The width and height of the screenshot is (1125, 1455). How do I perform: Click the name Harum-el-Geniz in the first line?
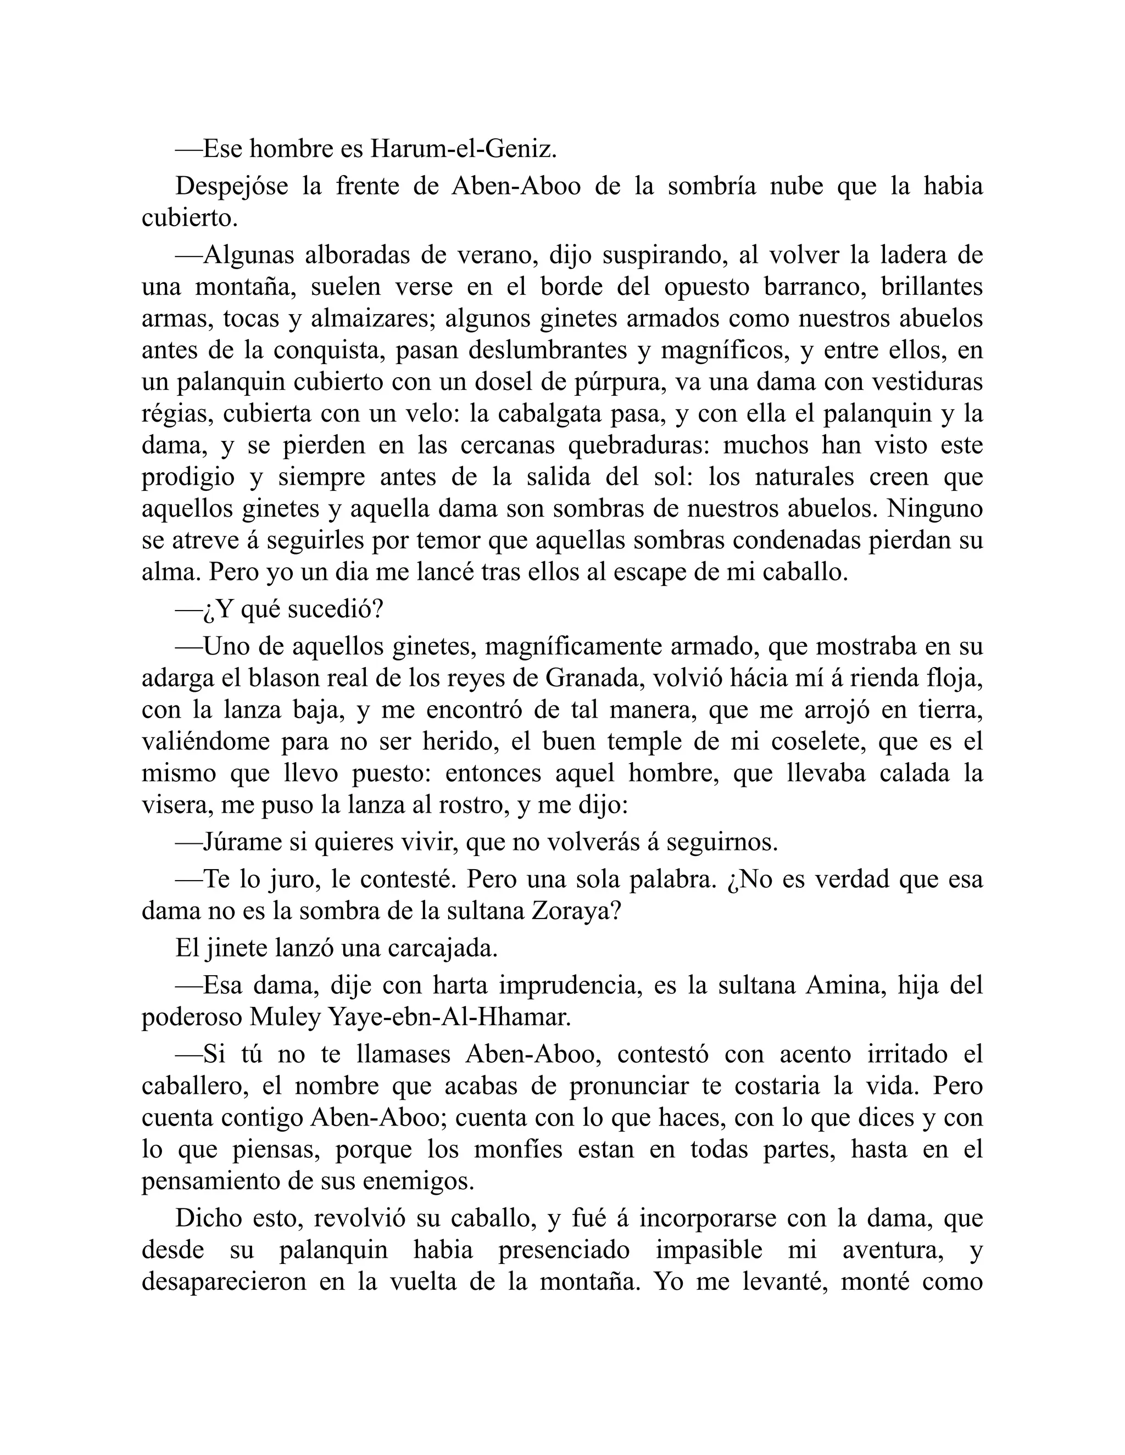[463, 149]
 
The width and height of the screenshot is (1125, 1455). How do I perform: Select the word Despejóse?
[231, 186]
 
